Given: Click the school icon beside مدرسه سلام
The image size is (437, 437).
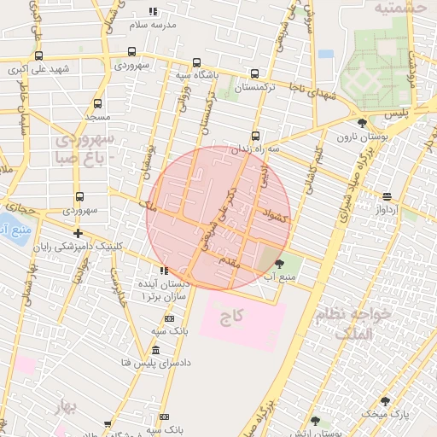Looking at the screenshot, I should (x=154, y=12).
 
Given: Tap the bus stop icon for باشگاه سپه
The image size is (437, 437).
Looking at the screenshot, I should (x=196, y=63).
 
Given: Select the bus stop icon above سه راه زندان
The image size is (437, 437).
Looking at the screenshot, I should (x=255, y=137).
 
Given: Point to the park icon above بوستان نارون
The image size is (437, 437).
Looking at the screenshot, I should (x=363, y=124).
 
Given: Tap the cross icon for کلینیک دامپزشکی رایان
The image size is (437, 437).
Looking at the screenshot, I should (x=78, y=233).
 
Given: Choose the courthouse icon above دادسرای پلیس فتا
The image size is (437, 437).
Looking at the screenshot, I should (x=155, y=350).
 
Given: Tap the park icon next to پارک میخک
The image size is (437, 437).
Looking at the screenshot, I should (x=384, y=401).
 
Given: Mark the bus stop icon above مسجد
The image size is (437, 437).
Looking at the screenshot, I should (x=96, y=102).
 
